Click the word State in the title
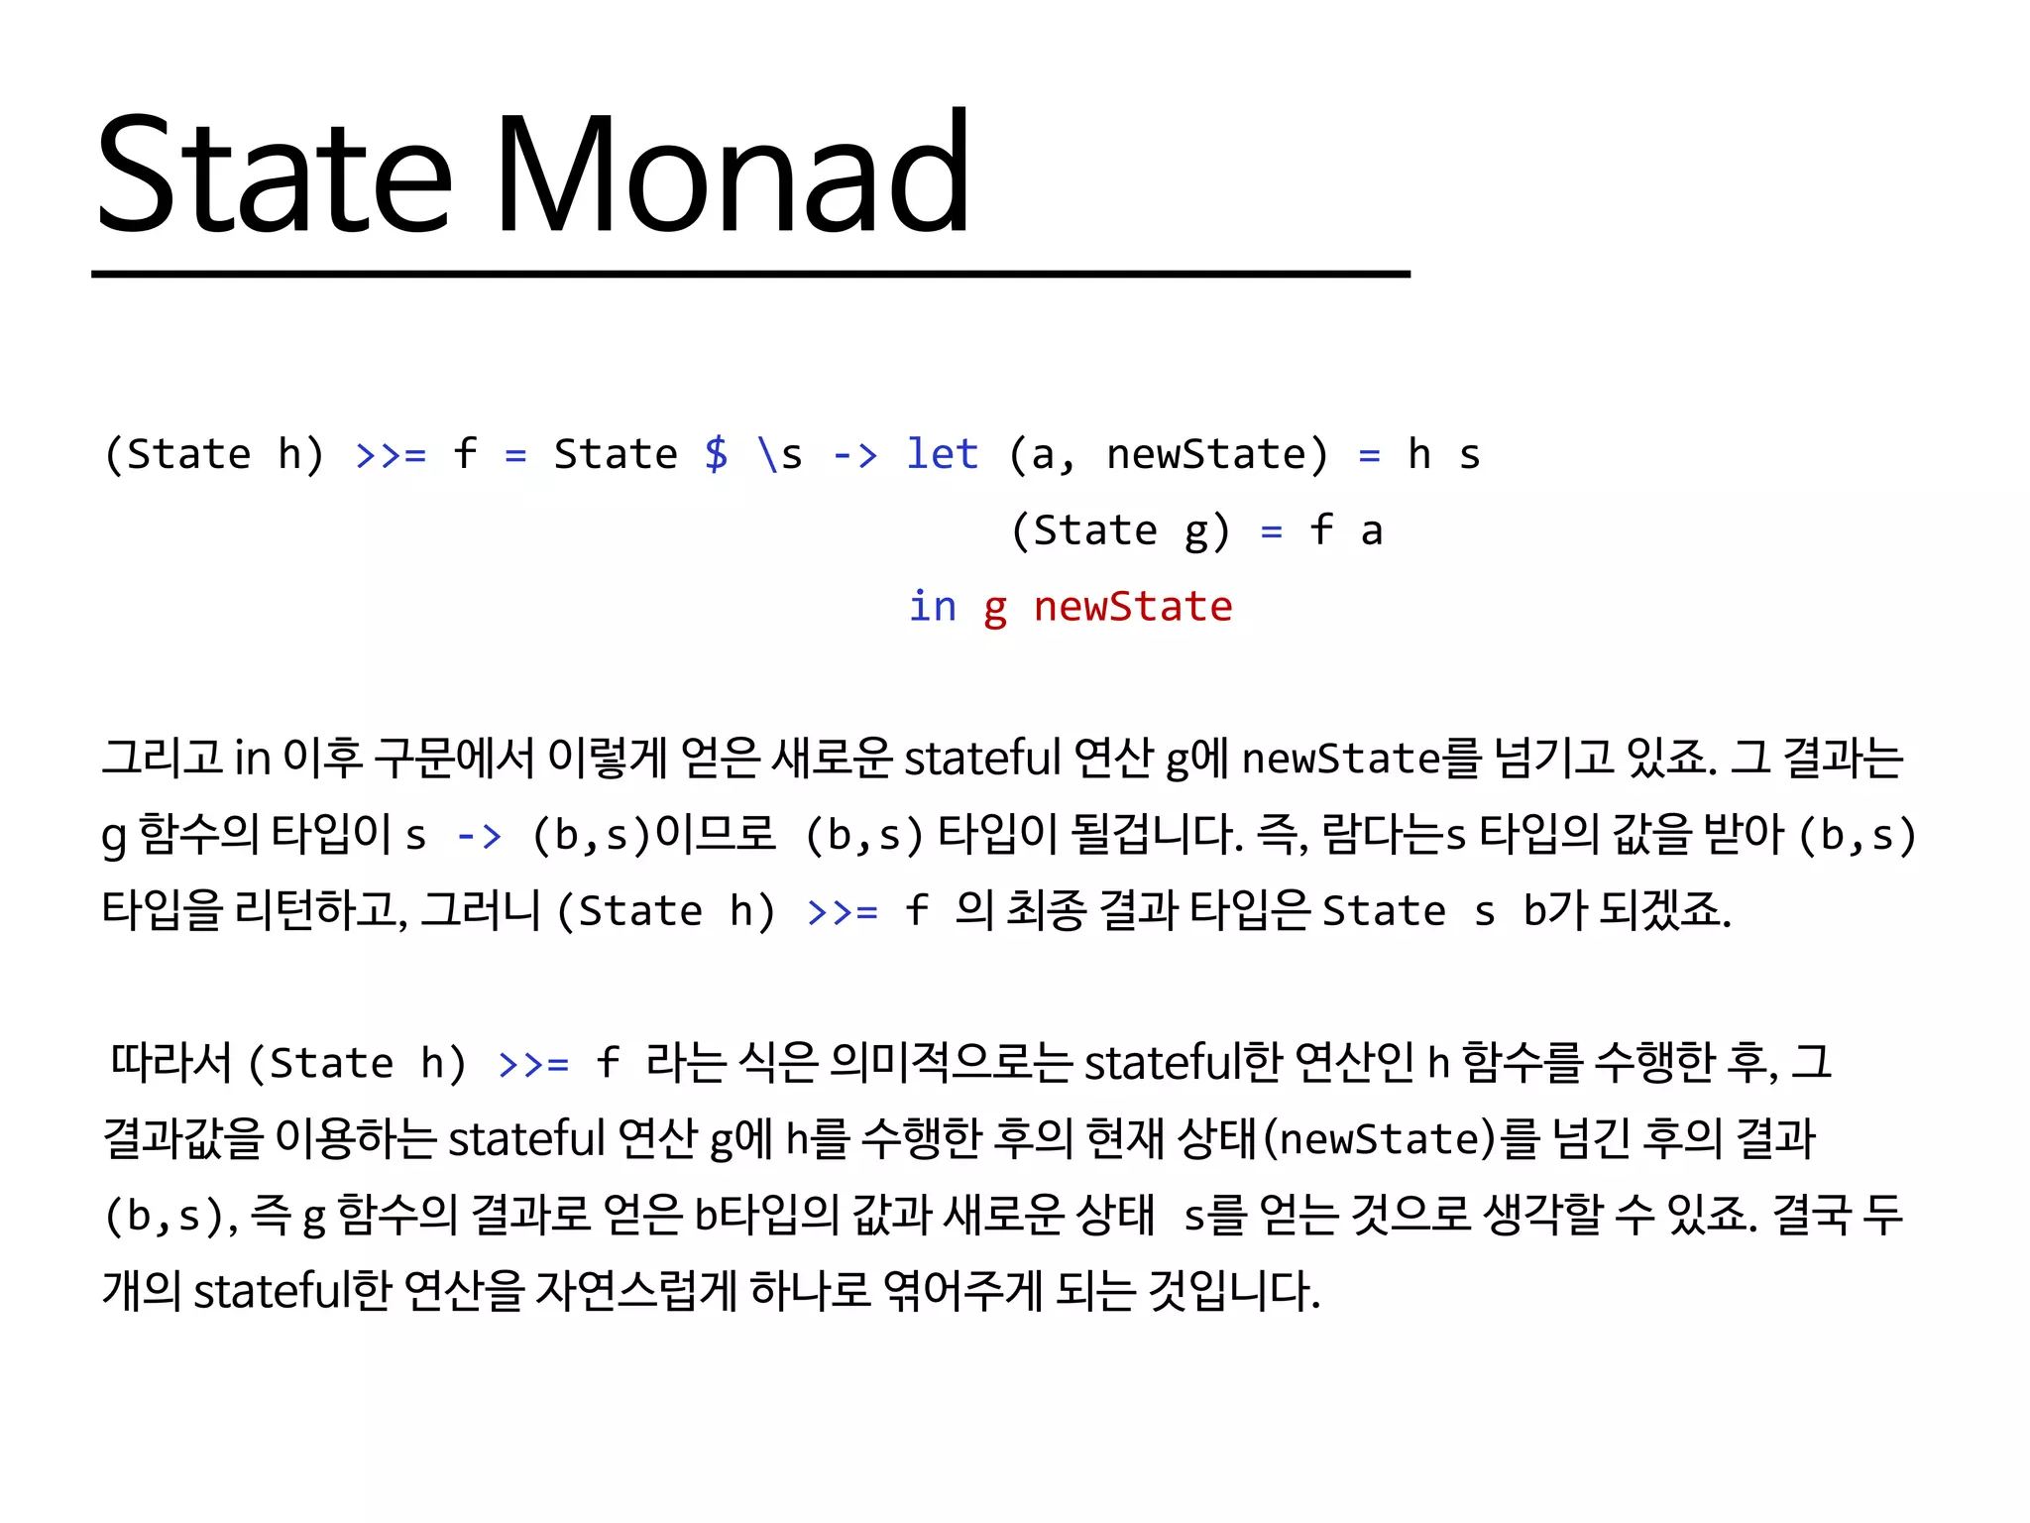coord(275,176)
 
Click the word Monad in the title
coord(732,176)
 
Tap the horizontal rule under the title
coord(750,274)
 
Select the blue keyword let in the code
coord(942,454)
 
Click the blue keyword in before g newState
coord(932,606)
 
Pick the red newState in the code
coord(1132,606)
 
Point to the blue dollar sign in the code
coord(716,454)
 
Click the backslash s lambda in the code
coord(779,455)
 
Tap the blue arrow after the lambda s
coord(854,455)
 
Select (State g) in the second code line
coord(1120,530)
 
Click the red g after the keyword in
coord(995,608)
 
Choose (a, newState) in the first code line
coord(1168,455)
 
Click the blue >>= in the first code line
coord(391,455)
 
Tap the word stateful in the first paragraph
coord(982,759)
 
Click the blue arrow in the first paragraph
coord(479,836)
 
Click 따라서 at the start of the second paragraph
coord(169,1062)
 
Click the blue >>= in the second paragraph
coord(533,1064)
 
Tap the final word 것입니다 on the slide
coord(1233,1290)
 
